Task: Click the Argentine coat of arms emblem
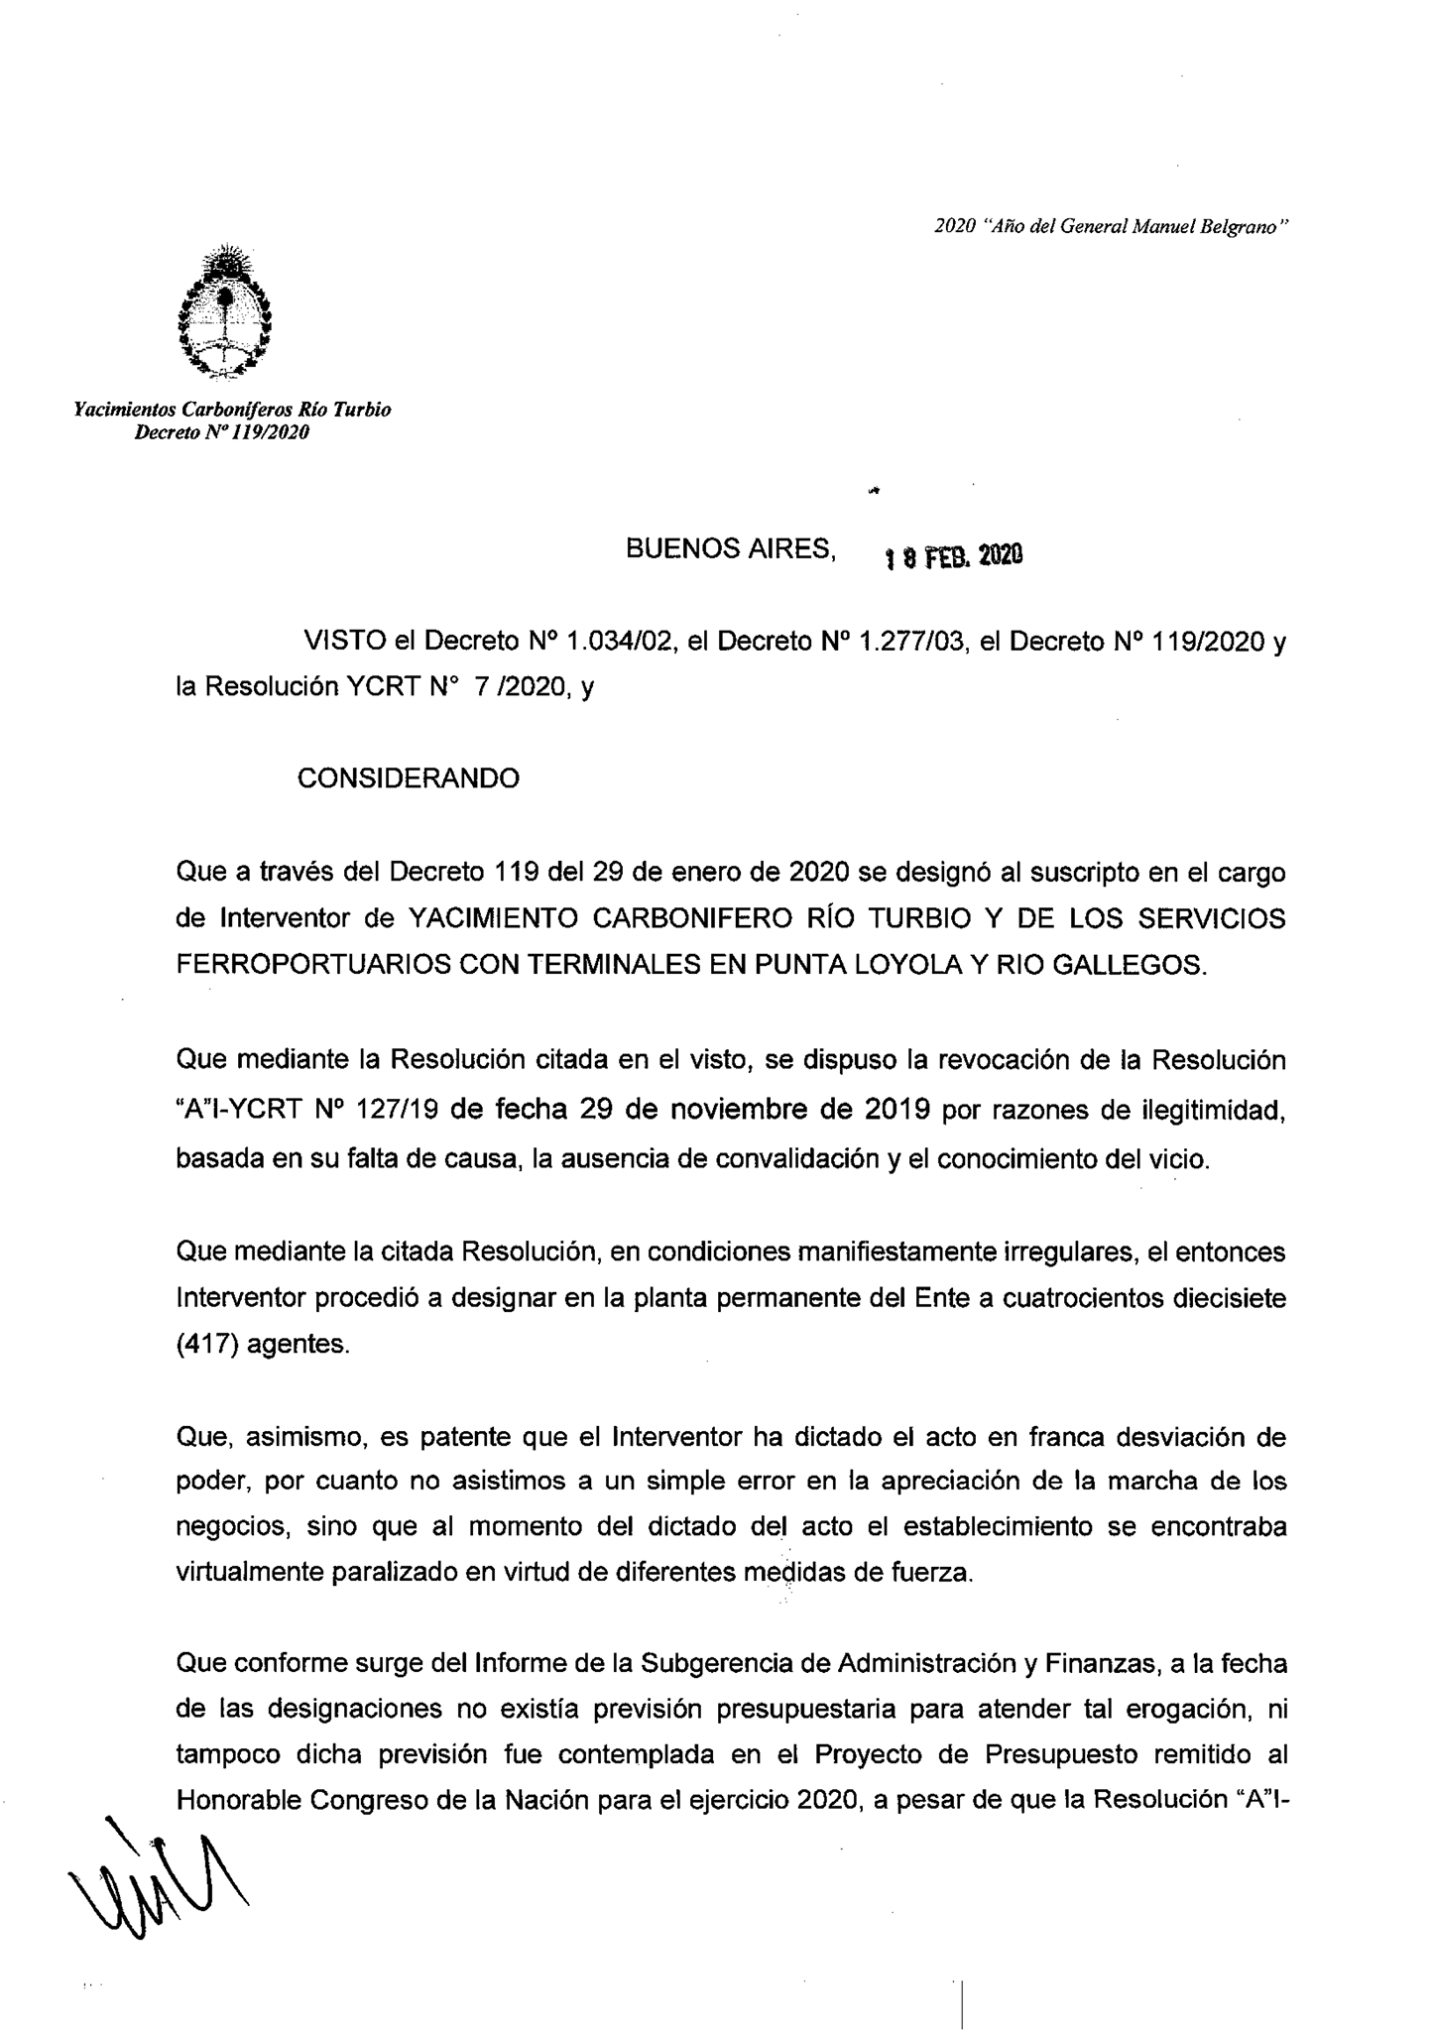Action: [x=224, y=310]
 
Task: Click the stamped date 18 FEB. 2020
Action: [x=953, y=557]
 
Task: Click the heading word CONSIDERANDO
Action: [x=408, y=778]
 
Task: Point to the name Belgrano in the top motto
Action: [x=1242, y=226]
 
